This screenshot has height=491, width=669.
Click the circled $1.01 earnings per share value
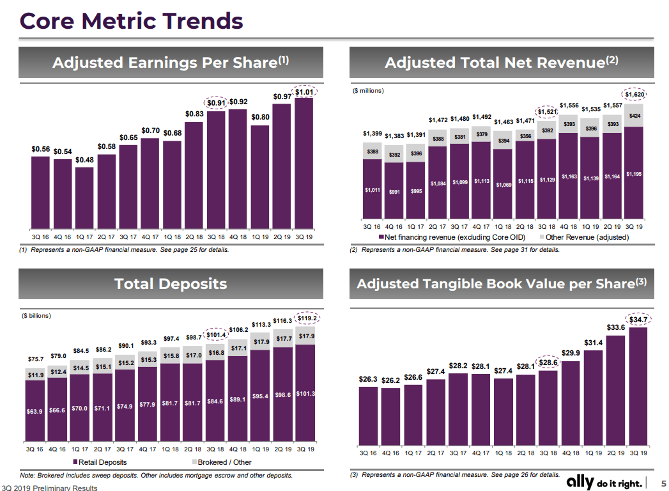tap(304, 91)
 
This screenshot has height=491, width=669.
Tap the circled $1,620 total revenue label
tap(635, 95)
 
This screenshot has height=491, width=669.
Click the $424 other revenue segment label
tap(635, 116)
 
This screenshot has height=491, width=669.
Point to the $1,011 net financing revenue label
tap(372, 190)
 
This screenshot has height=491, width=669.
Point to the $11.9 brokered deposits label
tap(35, 375)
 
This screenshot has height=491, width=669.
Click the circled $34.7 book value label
tap(638, 319)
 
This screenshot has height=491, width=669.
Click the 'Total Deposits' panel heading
tap(171, 284)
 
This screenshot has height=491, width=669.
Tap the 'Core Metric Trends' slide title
tap(132, 20)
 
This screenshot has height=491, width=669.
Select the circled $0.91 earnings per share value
tap(217, 102)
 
